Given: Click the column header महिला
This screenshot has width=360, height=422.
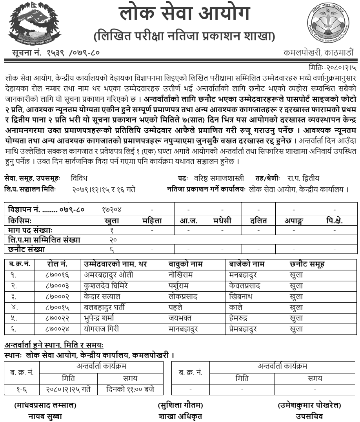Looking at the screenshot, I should click(x=152, y=221).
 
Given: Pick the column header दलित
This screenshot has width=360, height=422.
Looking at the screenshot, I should click(x=259, y=221).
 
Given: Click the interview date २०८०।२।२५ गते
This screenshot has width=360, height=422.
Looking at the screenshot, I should click(x=69, y=389).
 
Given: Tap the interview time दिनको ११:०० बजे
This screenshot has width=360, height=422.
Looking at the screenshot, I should click(x=130, y=389).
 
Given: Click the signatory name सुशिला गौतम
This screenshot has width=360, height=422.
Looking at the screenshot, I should click(x=180, y=405).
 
